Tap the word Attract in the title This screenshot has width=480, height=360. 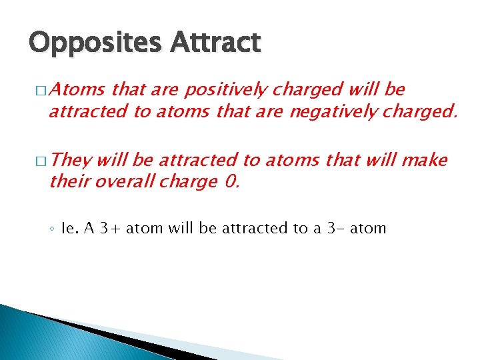pyautogui.click(x=215, y=43)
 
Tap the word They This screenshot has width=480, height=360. pyautogui.click(x=71, y=160)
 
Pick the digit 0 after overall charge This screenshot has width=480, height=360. pyautogui.click(x=231, y=181)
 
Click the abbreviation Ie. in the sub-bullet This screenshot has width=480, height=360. pyautogui.click(x=70, y=229)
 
